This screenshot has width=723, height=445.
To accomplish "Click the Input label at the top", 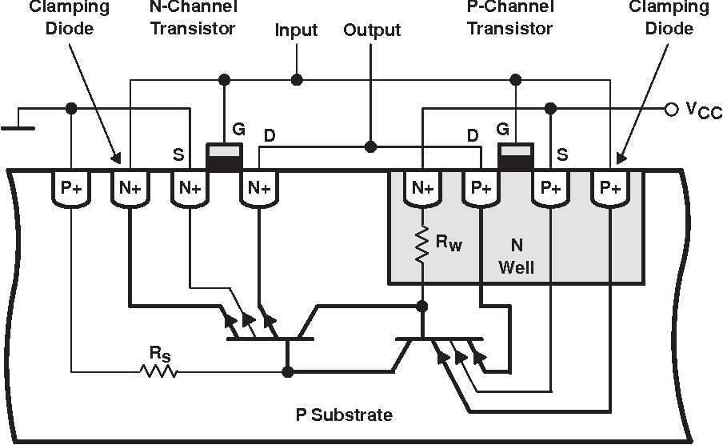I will (x=296, y=31).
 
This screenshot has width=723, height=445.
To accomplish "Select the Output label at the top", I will (x=372, y=31).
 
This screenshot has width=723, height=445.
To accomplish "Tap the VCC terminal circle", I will (x=671, y=108).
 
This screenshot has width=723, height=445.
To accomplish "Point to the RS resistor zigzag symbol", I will (x=158, y=371).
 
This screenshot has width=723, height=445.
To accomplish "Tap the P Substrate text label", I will (x=344, y=415).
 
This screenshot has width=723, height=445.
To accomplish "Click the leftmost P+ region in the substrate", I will (x=72, y=189).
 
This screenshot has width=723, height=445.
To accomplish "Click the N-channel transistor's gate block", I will (x=225, y=157).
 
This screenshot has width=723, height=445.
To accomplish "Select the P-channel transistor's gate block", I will (x=517, y=157).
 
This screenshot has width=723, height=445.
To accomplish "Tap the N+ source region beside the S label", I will (x=190, y=189).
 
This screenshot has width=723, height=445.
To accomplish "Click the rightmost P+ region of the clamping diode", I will (x=609, y=189).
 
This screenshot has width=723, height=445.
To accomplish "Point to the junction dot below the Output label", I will (x=369, y=147).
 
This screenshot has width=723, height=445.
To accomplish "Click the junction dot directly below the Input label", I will (x=297, y=79).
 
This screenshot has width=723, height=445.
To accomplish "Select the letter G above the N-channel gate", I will (x=238, y=129).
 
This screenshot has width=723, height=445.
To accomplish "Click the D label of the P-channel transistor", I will (x=473, y=137).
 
